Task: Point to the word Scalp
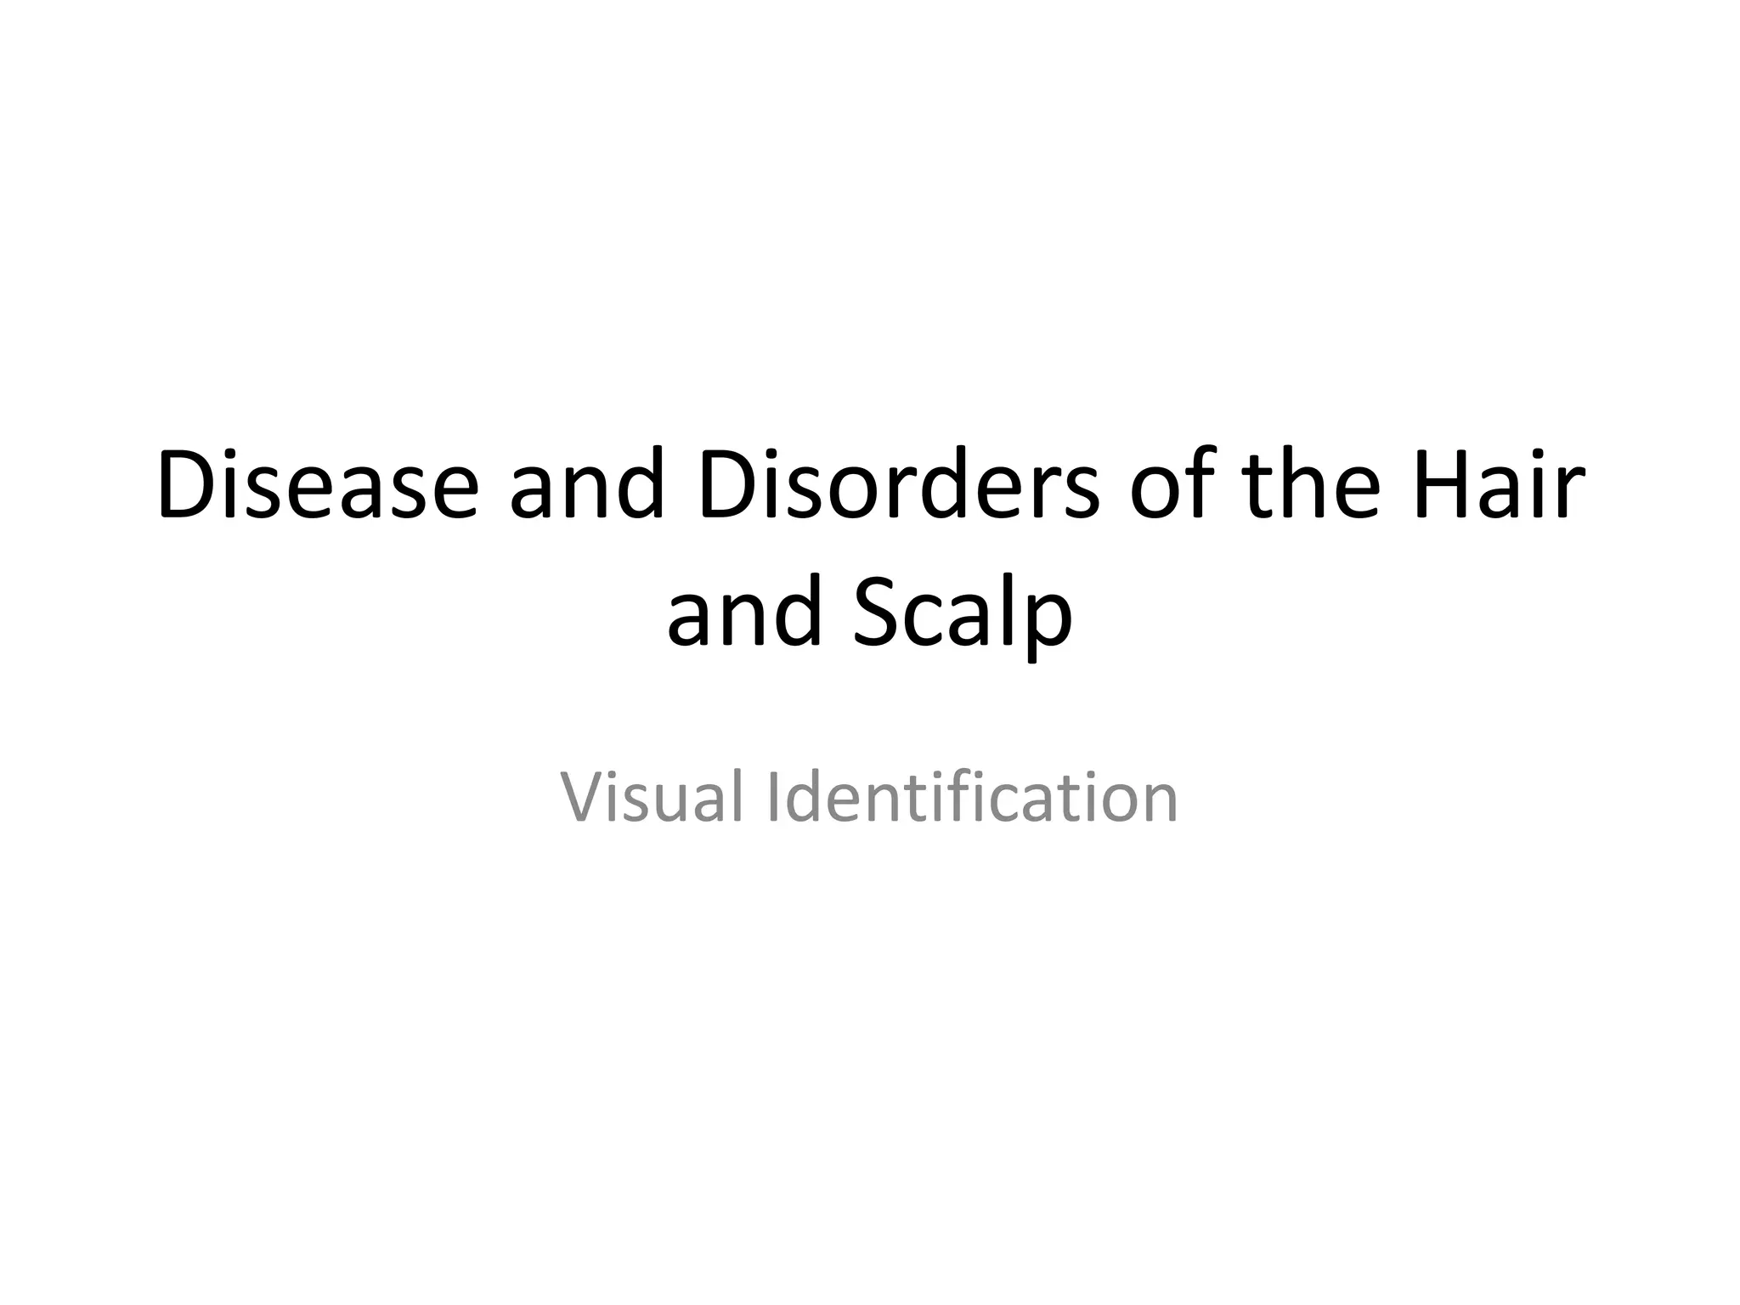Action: [x=963, y=613]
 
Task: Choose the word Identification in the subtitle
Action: [x=972, y=796]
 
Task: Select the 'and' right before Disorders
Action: [x=586, y=486]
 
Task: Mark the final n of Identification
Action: [x=1158, y=803]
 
